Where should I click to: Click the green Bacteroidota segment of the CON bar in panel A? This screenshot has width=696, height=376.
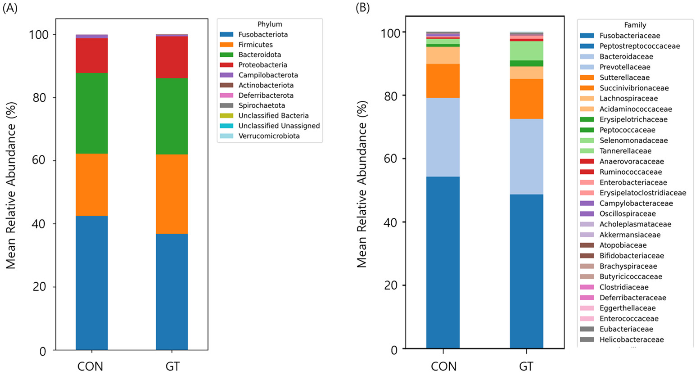pyautogui.click(x=92, y=113)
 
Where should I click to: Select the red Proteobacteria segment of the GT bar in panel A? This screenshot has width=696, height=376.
pyautogui.click(x=172, y=57)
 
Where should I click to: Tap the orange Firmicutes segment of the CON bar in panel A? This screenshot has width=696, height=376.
pyautogui.click(x=92, y=185)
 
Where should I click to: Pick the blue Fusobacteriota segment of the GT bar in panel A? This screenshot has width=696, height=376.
pyautogui.click(x=172, y=292)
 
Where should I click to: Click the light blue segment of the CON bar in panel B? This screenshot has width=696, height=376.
pyautogui.click(x=443, y=137)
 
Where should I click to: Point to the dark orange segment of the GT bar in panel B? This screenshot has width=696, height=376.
pyautogui.click(x=526, y=99)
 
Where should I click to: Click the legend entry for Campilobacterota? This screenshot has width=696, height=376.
pyautogui.click(x=259, y=75)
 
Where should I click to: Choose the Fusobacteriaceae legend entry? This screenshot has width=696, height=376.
pyautogui.click(x=620, y=36)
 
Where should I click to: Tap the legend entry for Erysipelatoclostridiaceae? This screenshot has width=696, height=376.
pyautogui.click(x=633, y=193)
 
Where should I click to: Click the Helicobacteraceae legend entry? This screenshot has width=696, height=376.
pyautogui.click(x=622, y=340)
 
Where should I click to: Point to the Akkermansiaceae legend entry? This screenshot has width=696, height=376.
pyautogui.click(x=620, y=235)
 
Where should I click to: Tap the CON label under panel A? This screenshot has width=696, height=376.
pyautogui.click(x=90, y=367)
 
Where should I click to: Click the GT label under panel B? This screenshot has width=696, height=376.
pyautogui.click(x=526, y=367)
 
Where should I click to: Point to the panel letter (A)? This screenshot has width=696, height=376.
pyautogui.click(x=10, y=8)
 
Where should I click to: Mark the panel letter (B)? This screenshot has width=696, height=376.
pyautogui.click(x=363, y=8)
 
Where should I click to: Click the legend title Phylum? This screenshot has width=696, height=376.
pyautogui.click(x=270, y=24)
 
